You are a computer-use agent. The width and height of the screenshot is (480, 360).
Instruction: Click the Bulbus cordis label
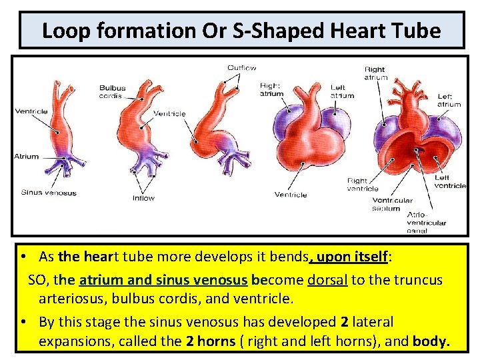click(112, 92)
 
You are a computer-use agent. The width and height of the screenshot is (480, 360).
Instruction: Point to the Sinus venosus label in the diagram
click(49, 193)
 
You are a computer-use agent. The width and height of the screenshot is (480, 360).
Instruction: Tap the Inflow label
click(143, 197)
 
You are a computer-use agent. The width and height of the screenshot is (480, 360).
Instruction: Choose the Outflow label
click(241, 68)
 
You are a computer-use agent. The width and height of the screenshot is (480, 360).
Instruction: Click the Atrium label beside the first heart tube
click(27, 157)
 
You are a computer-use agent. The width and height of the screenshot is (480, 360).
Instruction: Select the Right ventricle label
click(363, 184)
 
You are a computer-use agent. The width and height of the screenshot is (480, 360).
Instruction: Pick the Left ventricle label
click(450, 181)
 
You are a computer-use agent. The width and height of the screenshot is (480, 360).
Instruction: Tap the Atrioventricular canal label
click(426, 223)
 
